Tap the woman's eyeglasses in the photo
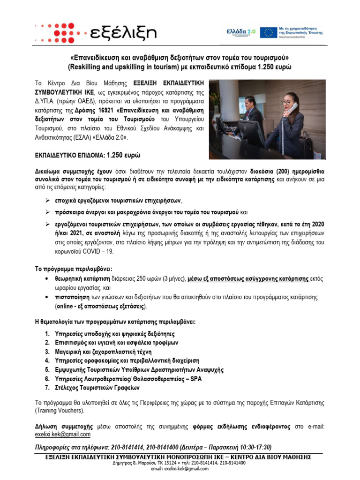tap(287, 101)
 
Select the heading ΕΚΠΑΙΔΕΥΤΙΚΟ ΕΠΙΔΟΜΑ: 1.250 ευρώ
tap(88, 155)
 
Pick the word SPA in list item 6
tap(195, 378)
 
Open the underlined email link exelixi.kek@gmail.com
tap(63, 434)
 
